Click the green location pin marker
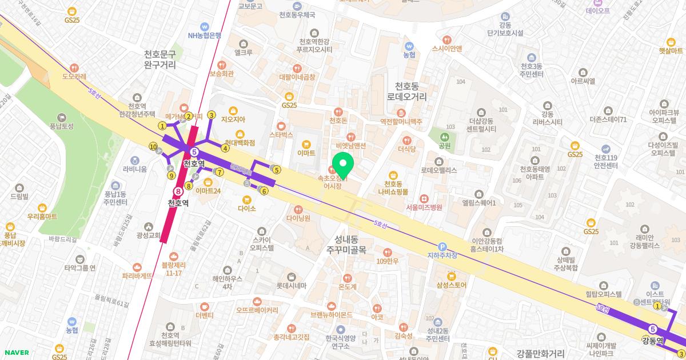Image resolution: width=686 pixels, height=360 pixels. tap(343, 165)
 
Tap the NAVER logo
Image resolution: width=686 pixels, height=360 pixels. tap(17, 353)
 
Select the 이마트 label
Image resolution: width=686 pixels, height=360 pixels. tap(306, 153)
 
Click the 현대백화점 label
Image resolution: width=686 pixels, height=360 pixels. tap(240, 142)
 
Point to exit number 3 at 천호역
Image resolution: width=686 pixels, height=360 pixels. tap(211, 115)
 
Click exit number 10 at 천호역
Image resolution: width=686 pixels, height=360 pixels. tap(153, 147)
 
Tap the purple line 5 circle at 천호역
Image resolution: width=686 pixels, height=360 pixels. tap(194, 152)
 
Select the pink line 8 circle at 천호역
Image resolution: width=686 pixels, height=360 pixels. tap(179, 191)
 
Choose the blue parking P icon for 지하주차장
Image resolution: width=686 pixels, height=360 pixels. tap(441, 247)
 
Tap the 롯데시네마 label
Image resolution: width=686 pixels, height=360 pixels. tap(292, 285)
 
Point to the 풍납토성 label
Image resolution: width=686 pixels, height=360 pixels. tap(62, 126)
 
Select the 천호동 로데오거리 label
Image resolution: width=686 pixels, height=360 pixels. tap(411, 91)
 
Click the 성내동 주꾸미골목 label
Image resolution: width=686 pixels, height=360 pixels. tap(346, 245)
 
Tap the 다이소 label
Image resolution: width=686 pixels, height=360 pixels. tap(247, 209)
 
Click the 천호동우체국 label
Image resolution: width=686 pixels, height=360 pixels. tap(297, 15)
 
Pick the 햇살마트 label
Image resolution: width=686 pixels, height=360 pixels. tap(671, 50)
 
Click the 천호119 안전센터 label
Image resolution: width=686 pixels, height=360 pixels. tap(605, 162)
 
